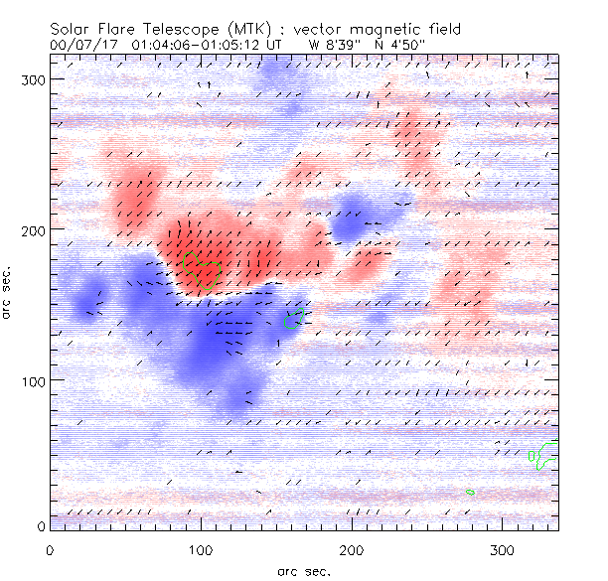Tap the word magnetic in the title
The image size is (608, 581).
coord(403,27)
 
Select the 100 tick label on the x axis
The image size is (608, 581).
coord(201,549)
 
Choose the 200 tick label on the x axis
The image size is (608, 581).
coord(352,549)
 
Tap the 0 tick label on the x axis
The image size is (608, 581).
coord(49,549)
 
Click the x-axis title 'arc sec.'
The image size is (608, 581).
coord(303,570)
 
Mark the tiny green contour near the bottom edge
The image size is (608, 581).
coord(470,492)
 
